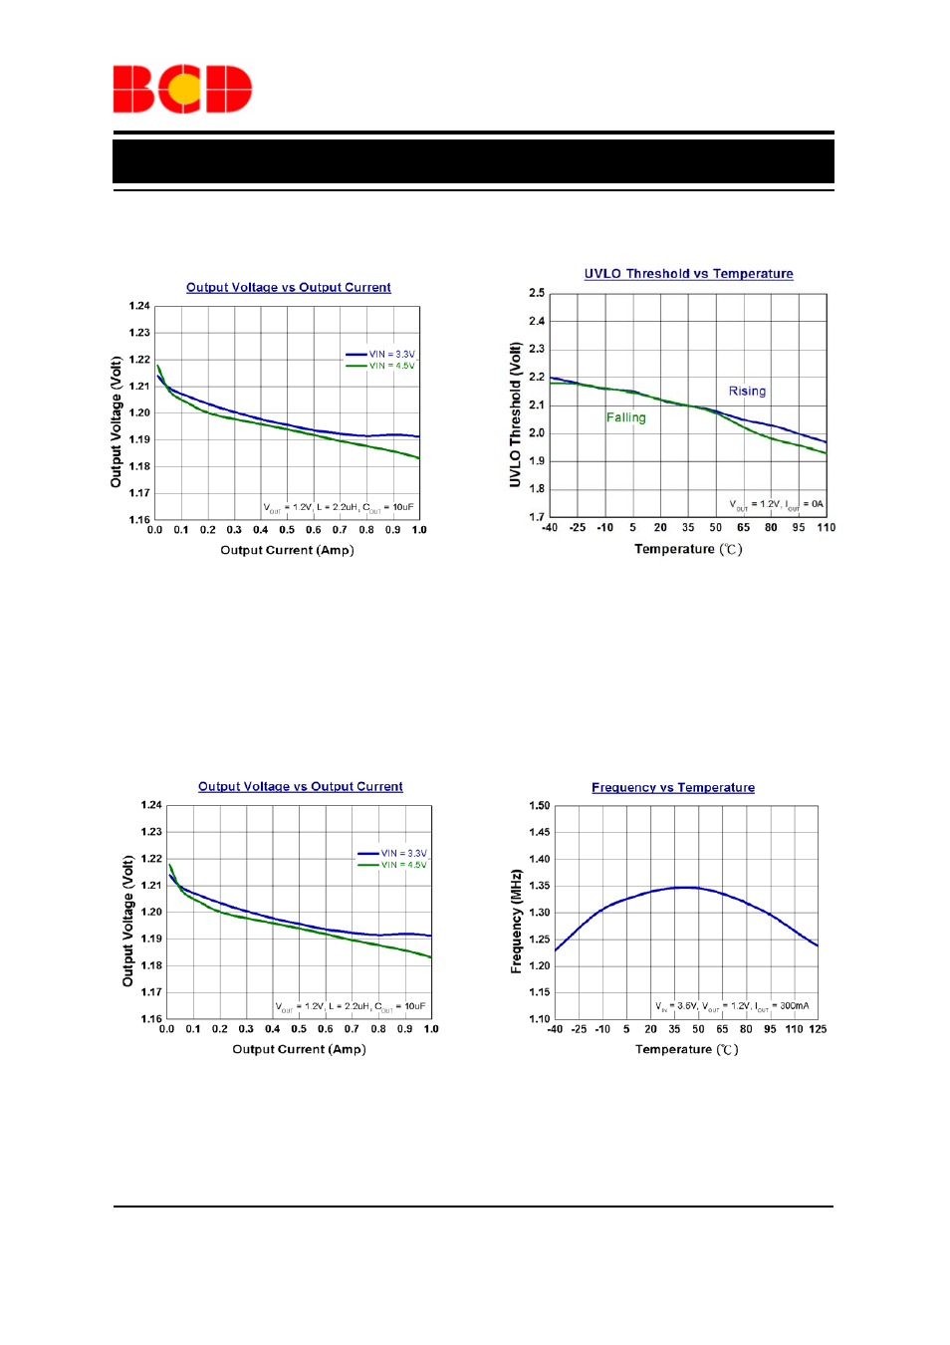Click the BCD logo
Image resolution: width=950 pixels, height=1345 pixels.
point(182,89)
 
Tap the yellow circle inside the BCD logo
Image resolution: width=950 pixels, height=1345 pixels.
point(184,90)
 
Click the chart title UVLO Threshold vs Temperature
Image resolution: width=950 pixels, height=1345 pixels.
point(688,274)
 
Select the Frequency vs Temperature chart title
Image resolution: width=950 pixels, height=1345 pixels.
point(672,788)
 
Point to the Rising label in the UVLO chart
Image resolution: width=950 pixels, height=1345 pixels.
point(747,392)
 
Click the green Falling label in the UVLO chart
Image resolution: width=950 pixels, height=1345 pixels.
point(625,417)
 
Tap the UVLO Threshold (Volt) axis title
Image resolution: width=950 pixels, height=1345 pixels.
point(515,414)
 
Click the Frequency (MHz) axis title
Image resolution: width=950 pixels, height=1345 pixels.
point(516,921)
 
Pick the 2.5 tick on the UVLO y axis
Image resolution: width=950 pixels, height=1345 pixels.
point(537,293)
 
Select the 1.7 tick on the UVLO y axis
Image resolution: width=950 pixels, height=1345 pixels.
point(537,517)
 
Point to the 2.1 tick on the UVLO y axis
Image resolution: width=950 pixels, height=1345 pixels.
point(537,404)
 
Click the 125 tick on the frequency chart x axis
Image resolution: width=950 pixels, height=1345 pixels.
point(818,1029)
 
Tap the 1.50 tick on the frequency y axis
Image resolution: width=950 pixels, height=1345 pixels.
point(539,805)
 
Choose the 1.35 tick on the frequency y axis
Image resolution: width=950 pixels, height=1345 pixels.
point(539,886)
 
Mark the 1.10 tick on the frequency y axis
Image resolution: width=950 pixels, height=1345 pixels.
point(539,1018)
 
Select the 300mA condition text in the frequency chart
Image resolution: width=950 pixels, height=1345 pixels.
point(794,1006)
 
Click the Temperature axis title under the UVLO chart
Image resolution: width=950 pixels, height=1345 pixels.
point(687,549)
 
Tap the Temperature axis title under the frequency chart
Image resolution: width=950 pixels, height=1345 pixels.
point(686,1049)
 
